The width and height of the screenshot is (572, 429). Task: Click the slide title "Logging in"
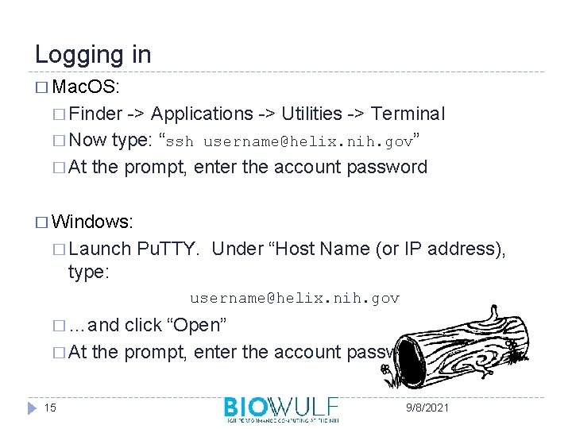point(93,55)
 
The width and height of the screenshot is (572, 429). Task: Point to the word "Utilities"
point(311,114)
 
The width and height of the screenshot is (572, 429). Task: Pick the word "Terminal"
point(408,114)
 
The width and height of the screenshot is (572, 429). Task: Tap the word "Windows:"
point(94,221)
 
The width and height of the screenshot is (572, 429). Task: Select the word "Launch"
point(100,249)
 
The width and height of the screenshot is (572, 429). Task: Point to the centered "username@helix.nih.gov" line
point(294,299)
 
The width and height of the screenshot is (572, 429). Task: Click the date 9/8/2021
point(427,408)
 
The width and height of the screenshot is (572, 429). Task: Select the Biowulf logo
point(281,408)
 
